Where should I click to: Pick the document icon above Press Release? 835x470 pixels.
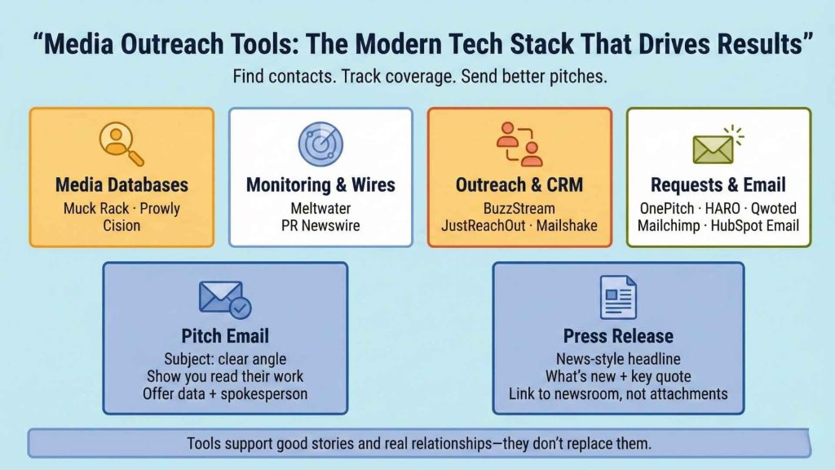618,298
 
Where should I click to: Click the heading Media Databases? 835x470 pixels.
121,184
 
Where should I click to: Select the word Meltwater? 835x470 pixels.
320,207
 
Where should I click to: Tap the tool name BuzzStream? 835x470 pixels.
519,207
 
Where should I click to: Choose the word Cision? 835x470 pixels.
121,225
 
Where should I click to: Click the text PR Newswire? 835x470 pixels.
320,225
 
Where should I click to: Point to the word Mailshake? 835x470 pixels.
566,225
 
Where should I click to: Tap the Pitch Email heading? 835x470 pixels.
224,336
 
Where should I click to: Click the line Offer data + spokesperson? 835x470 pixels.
224,394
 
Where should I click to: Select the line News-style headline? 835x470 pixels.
618,358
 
